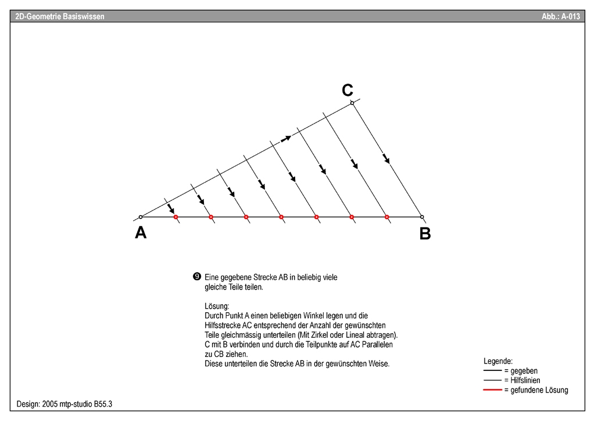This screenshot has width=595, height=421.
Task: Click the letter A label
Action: (141, 233)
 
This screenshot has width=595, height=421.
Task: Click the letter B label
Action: (425, 234)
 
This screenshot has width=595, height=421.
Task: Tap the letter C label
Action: (347, 90)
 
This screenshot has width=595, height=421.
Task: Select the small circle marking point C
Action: (352, 103)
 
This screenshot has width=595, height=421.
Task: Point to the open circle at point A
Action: (141, 217)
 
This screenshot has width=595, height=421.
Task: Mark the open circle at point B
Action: (422, 217)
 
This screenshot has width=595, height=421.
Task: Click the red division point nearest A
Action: (175, 217)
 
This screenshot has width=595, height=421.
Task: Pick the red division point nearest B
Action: (386, 217)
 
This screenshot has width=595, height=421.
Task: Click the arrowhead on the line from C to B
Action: (386, 159)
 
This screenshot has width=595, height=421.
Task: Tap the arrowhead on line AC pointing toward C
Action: (286, 138)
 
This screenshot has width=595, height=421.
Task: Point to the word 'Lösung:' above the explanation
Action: (217, 306)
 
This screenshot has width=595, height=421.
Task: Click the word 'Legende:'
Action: (498, 361)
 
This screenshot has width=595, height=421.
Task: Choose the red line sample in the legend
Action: (493, 390)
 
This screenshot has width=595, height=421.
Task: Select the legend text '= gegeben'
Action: (521, 370)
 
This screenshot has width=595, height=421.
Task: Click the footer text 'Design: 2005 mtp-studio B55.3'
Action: (64, 403)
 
